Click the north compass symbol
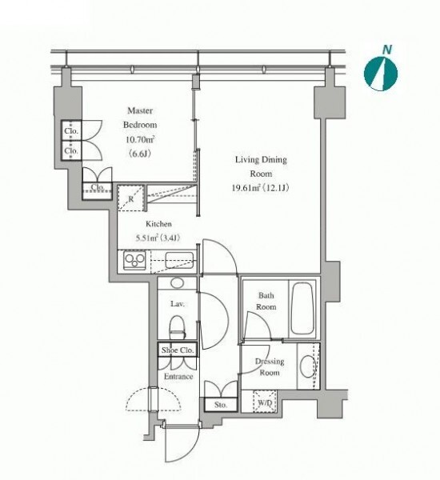tap(381, 74)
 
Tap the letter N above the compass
tap(387, 50)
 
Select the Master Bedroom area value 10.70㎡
tap(140, 139)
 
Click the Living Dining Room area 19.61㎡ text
tap(246, 188)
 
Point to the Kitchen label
tap(158, 224)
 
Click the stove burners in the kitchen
tap(135, 260)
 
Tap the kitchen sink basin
tap(179, 260)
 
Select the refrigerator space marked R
tap(130, 198)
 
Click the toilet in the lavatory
tap(178, 327)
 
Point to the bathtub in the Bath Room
tap(302, 308)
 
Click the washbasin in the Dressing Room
tap(308, 366)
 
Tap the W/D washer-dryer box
tap(265, 402)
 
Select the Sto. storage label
tap(221, 405)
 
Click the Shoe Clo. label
tap(178, 350)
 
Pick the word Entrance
tap(178, 376)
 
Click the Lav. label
tap(178, 304)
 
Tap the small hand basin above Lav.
tap(177, 283)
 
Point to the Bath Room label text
tap(266, 301)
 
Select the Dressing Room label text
tap(270, 367)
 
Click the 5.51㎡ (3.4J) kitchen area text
tap(158, 238)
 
